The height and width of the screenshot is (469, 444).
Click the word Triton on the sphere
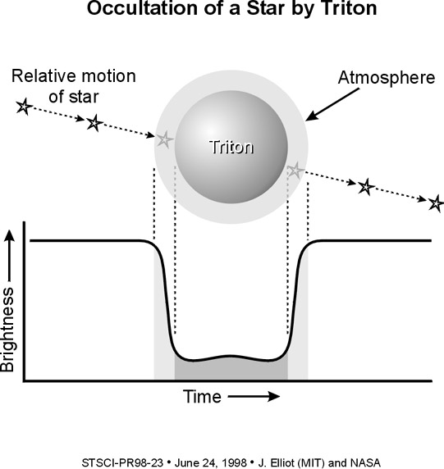coord(231,147)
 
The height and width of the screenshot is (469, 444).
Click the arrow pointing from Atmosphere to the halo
coord(332,105)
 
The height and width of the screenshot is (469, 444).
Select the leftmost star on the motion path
coord(24,107)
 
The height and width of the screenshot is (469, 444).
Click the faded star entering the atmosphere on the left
coord(164,139)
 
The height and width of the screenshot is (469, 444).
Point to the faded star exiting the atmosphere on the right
coord(295,171)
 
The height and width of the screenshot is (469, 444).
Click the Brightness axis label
coord(7,330)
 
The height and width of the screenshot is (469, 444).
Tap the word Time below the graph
coord(202,397)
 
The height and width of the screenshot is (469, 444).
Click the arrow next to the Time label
coord(254,397)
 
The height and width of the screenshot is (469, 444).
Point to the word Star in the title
coord(265,8)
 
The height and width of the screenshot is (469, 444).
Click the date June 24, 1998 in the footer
coord(211,462)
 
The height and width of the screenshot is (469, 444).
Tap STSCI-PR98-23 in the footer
coord(122,462)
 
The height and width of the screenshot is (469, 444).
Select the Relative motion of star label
coord(74,86)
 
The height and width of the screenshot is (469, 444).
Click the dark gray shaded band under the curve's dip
coord(231,370)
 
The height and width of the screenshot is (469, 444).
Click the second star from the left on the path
coord(94,123)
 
